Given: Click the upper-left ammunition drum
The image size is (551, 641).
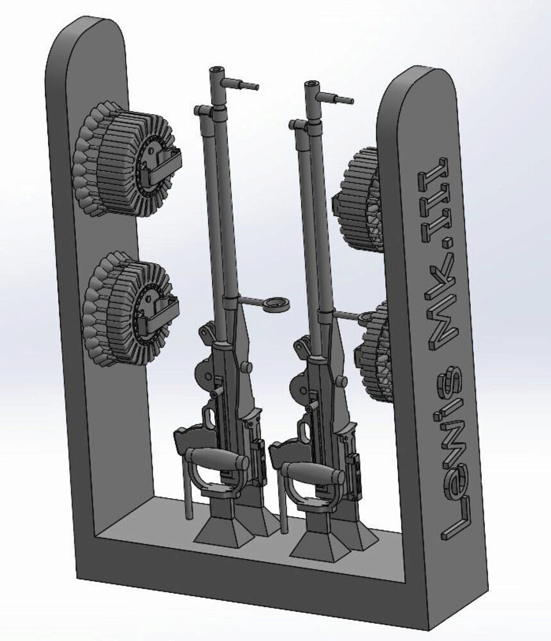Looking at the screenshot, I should click(x=125, y=160).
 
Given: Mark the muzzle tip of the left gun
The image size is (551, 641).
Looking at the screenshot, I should click(x=218, y=69).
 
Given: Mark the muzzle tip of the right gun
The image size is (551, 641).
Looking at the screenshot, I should click(x=312, y=85).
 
